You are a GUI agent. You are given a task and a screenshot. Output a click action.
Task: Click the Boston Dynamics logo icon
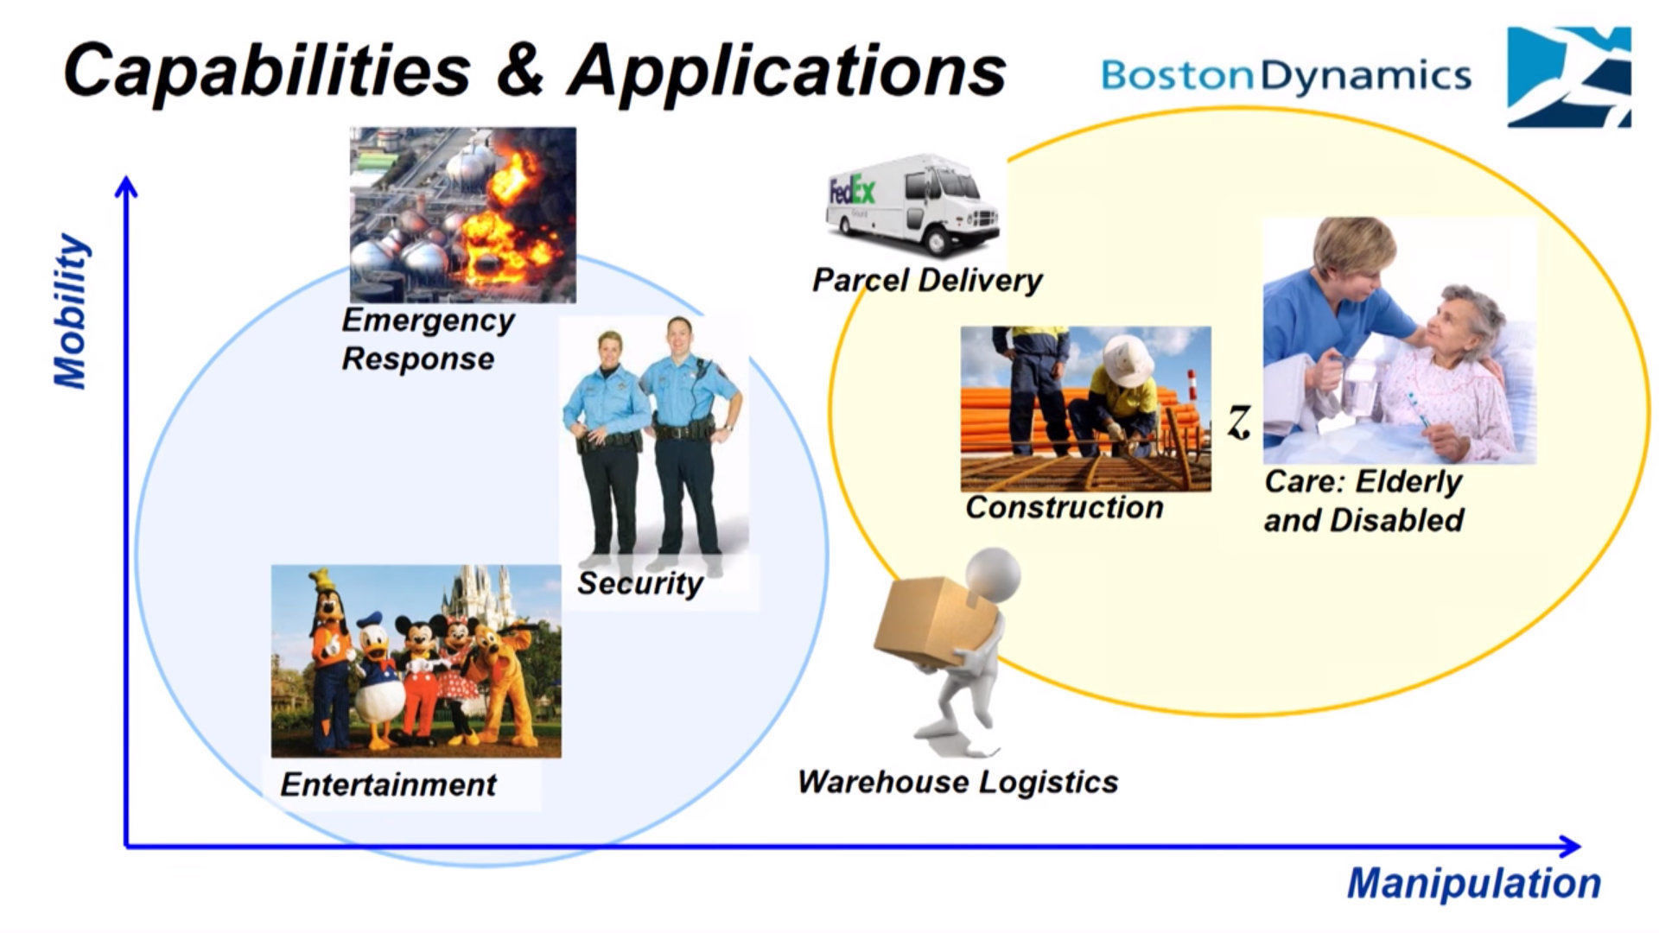click(1568, 77)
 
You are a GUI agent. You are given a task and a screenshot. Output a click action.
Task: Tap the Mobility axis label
click(72, 311)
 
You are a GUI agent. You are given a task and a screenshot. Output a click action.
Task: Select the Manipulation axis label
click(1474, 883)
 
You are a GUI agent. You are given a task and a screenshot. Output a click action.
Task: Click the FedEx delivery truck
click(912, 204)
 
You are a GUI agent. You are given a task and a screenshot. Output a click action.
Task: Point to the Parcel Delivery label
click(927, 280)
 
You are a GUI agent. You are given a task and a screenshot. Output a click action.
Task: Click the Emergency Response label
click(427, 339)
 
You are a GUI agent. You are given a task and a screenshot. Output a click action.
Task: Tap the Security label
click(639, 583)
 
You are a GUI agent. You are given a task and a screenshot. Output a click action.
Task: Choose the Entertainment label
click(388, 784)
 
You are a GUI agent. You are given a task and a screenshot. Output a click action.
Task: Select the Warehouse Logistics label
click(957, 782)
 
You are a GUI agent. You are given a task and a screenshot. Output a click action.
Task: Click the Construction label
click(1064, 507)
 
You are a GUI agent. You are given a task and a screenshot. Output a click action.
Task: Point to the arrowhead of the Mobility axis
click(127, 186)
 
